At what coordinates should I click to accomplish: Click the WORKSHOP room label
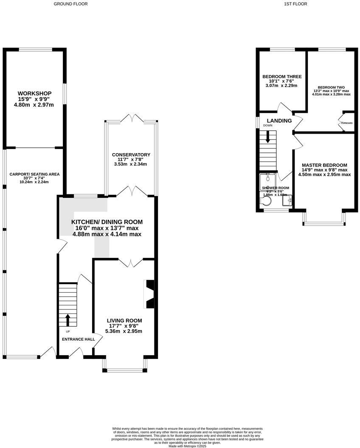tap(34, 93)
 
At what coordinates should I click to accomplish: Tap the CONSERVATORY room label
tap(131, 155)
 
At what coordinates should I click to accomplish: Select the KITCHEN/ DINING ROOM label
tap(107, 222)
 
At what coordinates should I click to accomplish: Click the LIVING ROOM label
tap(124, 320)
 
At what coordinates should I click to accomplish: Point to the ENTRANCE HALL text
tap(79, 339)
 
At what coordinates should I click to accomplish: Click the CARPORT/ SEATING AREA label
tap(34, 174)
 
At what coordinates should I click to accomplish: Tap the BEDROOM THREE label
tap(282, 77)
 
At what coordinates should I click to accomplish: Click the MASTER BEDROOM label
tap(324, 165)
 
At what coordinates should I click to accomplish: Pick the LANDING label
tap(279, 121)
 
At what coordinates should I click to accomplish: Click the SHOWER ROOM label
tap(275, 188)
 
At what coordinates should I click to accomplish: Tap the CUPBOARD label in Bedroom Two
tap(347, 123)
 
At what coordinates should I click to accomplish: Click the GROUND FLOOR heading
tap(70, 4)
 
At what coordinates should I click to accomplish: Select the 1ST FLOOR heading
tap(295, 4)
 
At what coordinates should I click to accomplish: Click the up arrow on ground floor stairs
tap(67, 319)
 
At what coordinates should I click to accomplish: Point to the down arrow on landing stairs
tap(268, 137)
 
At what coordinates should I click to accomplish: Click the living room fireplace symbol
tap(150, 294)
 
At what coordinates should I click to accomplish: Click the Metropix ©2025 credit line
tap(187, 446)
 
